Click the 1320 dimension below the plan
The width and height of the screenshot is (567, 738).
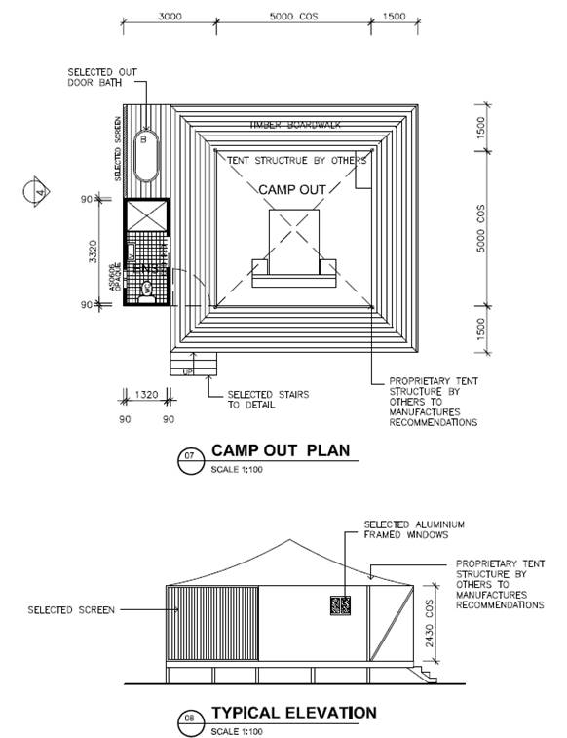click(x=145, y=396)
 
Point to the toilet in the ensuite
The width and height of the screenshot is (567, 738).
click(x=147, y=289)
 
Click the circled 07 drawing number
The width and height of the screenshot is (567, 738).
click(x=190, y=455)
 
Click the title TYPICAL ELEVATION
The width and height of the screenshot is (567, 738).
click(x=292, y=713)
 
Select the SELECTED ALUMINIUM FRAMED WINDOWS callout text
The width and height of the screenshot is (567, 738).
click(x=413, y=529)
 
